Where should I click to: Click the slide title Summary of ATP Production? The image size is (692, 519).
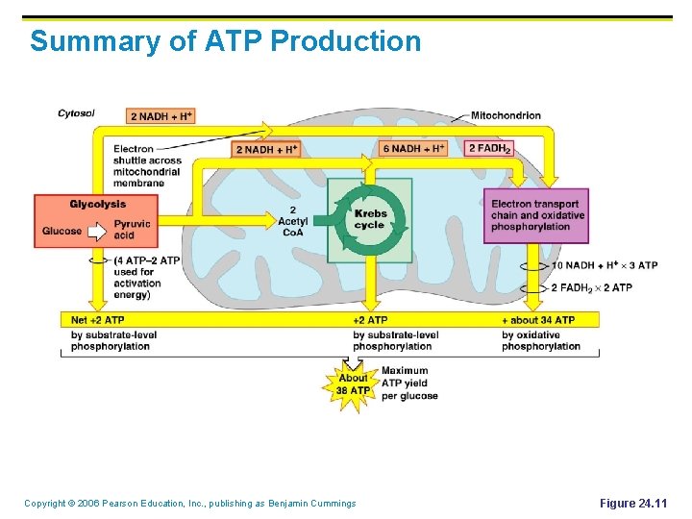(225, 41)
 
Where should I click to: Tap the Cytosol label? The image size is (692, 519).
(76, 113)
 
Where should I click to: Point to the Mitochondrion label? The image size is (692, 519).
(506, 115)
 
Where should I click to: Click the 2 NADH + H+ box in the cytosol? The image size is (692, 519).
(161, 116)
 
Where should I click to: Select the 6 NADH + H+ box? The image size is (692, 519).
(413, 148)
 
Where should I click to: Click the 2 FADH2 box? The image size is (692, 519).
(489, 148)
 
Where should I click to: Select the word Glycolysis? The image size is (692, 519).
(97, 204)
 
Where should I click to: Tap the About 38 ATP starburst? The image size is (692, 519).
(352, 384)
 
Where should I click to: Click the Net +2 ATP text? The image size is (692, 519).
(99, 319)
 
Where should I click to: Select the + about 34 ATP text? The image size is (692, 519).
(538, 319)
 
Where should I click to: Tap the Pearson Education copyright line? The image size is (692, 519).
(189, 504)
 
